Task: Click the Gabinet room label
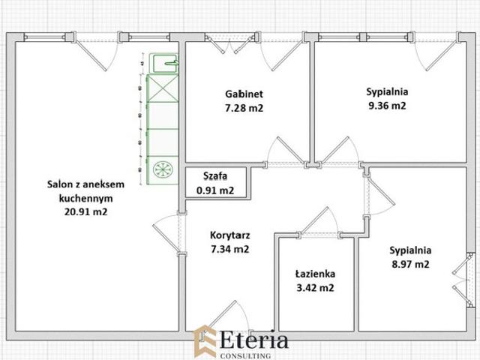pos(244,94)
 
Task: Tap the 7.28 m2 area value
pos(244,108)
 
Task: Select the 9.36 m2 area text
pos(387,106)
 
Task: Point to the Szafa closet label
pos(215,176)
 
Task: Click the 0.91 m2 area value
pos(215,190)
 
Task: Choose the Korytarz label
pos(230,235)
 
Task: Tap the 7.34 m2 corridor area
pos(230,249)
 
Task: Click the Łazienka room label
pos(315,274)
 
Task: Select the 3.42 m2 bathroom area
pos(315,288)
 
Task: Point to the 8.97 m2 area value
pos(410,264)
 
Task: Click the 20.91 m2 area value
pos(85,211)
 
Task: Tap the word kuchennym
pos(85,198)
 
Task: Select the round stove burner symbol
pos(163,169)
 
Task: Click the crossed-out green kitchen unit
pos(163,88)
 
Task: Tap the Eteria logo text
pos(254,340)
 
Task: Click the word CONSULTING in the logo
pos(245,355)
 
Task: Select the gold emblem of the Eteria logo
pos(205,342)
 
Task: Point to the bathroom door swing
pos(319,221)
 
